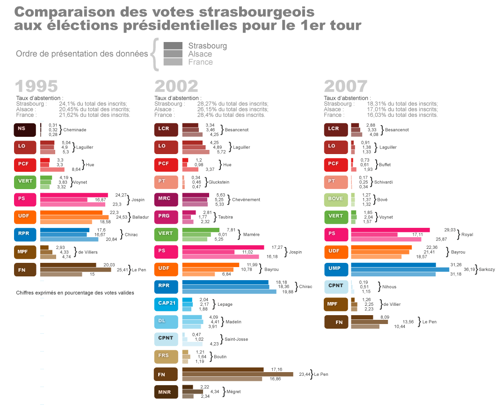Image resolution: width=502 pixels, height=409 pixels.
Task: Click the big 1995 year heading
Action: [36, 86]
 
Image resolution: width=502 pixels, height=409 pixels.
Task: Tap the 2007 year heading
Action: [345, 86]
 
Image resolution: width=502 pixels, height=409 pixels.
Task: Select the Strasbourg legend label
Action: [207, 46]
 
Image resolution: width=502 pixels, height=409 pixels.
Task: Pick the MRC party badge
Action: [166, 199]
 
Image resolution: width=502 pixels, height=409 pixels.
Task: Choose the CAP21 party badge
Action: [166, 304]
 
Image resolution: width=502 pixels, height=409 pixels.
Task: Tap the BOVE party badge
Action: [336, 199]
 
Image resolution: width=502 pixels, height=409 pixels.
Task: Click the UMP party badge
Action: [336, 269]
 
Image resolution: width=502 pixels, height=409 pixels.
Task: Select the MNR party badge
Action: [166, 392]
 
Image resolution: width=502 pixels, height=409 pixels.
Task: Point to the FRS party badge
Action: [166, 357]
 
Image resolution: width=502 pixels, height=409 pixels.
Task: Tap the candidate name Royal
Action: [467, 234]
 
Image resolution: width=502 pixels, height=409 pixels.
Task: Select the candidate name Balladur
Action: [140, 217]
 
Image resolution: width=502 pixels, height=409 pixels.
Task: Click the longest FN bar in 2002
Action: [237, 374]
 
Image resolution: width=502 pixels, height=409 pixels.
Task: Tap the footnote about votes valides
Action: [75, 293]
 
